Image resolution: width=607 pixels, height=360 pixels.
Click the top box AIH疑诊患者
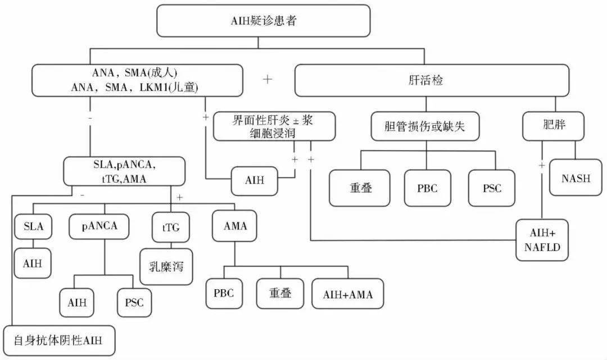[263, 22]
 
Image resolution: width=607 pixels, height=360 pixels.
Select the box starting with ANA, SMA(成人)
[138, 80]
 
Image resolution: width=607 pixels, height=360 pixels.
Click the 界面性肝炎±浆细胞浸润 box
[274, 126]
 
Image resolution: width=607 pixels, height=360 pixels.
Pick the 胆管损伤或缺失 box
[426, 127]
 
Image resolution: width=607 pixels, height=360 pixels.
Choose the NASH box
[576, 178]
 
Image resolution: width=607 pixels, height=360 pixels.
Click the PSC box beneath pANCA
[134, 302]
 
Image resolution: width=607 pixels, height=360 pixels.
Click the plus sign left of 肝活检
[268, 79]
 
